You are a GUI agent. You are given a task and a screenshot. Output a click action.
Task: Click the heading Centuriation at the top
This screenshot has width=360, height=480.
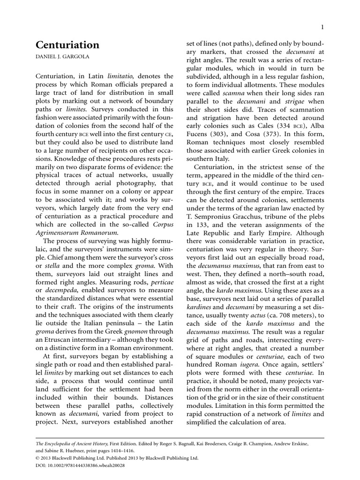point(67,45)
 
